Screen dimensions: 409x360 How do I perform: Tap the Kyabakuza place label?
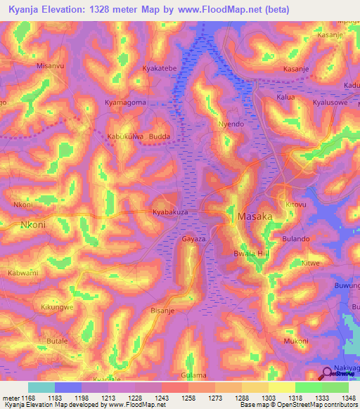click(172, 212)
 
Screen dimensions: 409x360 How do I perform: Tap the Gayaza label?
click(194, 239)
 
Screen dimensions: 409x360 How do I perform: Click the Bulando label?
click(296, 239)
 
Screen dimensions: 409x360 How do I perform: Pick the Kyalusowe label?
click(330, 103)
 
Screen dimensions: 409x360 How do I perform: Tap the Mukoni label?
click(295, 341)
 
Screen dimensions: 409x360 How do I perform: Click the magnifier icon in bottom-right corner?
click(327, 374)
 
